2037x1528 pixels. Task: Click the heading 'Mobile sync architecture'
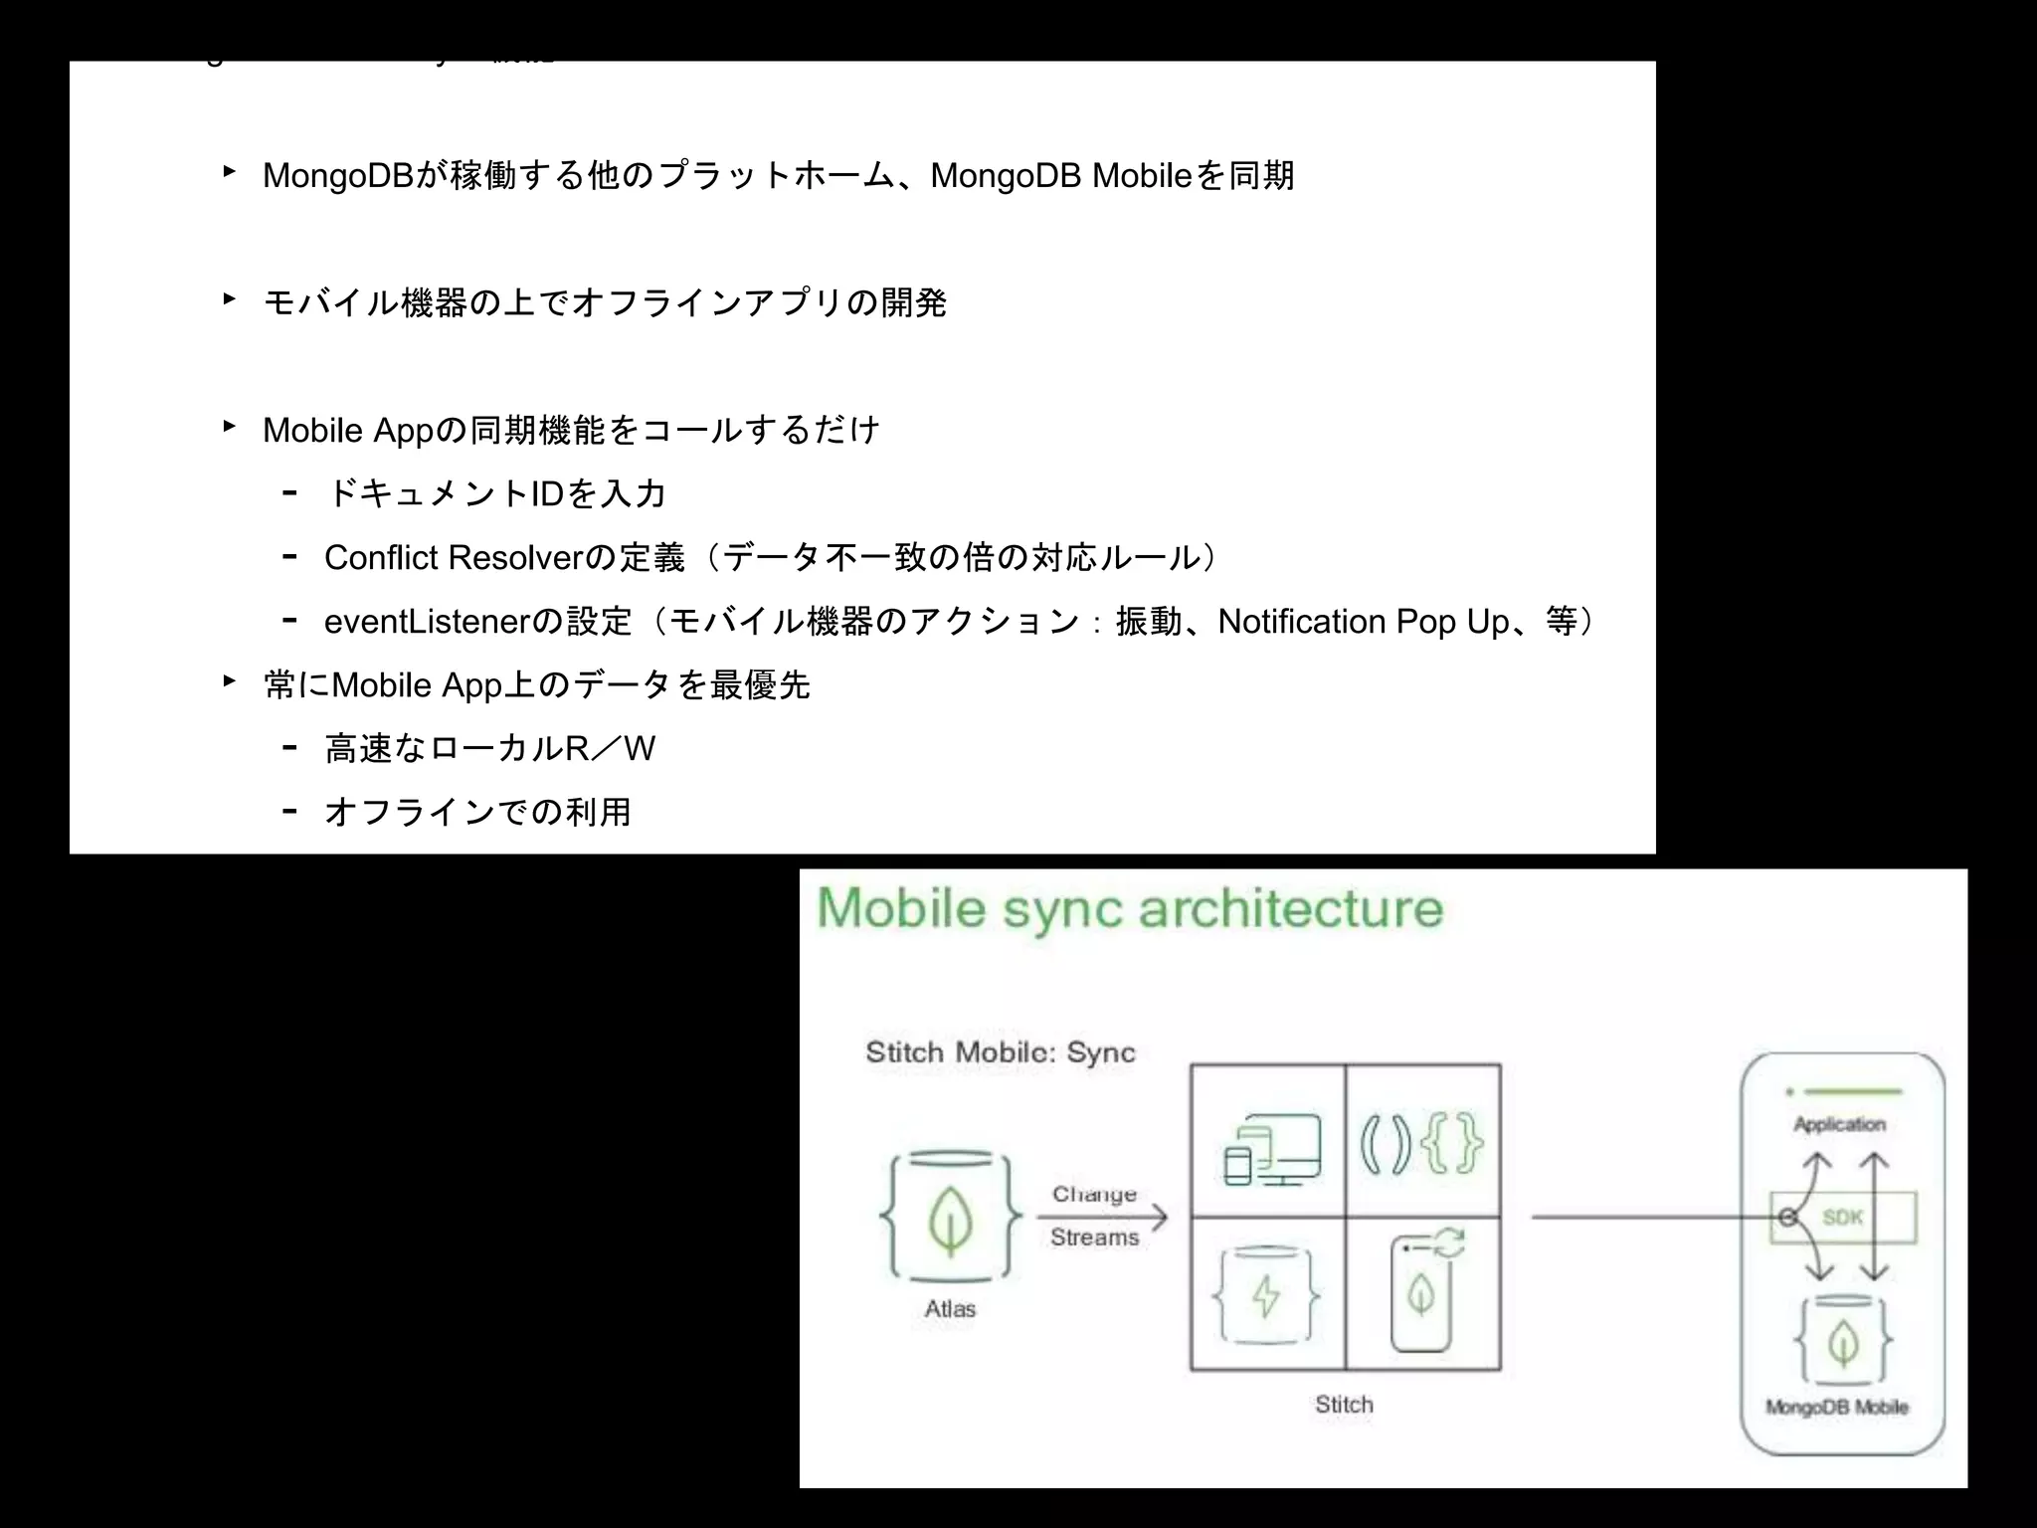[1129, 908]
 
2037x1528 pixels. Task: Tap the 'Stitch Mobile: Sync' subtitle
[1000, 1052]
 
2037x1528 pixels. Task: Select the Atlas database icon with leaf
[950, 1216]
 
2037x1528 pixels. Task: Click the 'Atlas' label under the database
[950, 1309]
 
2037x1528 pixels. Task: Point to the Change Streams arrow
[1101, 1216]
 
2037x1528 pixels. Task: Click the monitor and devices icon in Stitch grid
[1272, 1148]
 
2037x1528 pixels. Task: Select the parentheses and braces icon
[1422, 1144]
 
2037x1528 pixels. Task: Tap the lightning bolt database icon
[1266, 1295]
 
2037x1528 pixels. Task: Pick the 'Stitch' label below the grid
[1344, 1405]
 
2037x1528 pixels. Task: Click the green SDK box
[1843, 1217]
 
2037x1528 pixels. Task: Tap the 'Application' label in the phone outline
[1839, 1124]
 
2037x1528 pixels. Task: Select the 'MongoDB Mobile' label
[1837, 1407]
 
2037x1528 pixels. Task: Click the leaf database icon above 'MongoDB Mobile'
[1843, 1341]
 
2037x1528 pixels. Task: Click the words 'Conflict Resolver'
[453, 558]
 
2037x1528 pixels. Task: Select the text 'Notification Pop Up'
[1364, 622]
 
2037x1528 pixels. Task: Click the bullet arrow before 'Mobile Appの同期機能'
[229, 427]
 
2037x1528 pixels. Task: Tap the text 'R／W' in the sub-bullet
[610, 749]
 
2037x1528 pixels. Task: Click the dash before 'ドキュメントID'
[289, 492]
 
